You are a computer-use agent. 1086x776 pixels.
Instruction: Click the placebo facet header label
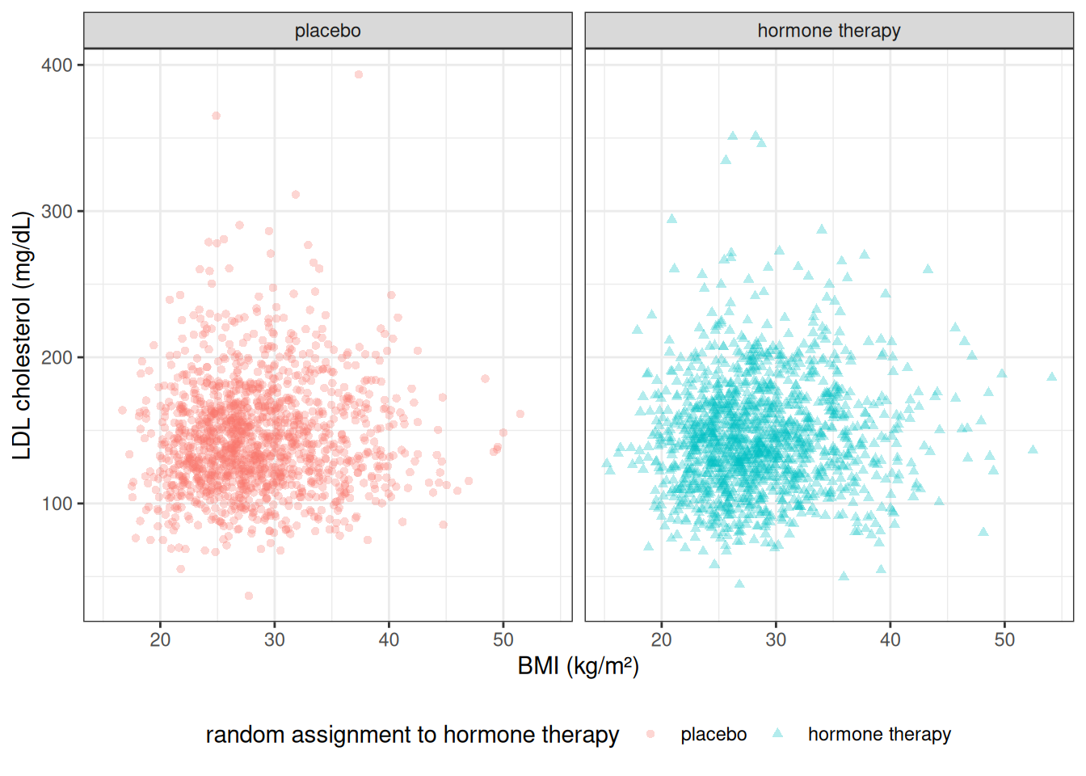(x=327, y=31)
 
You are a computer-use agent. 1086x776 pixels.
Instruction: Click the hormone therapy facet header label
(x=828, y=31)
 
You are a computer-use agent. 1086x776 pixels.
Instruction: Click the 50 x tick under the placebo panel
(x=503, y=639)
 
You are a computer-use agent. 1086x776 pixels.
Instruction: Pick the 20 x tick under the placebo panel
(x=160, y=639)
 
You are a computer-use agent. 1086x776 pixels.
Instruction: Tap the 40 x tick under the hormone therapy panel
(x=890, y=639)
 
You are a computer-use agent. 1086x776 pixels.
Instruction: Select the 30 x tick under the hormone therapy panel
(x=776, y=639)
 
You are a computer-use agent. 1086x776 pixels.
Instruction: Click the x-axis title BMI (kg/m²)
(x=578, y=666)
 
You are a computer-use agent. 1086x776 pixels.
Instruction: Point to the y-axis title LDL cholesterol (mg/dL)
(x=22, y=335)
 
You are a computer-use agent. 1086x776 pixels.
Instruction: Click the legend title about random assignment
(x=412, y=735)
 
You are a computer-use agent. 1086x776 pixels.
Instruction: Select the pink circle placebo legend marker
(x=650, y=734)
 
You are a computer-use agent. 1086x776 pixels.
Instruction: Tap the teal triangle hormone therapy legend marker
(x=777, y=733)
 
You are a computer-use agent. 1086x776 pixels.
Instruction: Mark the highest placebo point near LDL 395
(x=359, y=74)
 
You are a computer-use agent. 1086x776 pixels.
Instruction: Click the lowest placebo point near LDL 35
(x=249, y=596)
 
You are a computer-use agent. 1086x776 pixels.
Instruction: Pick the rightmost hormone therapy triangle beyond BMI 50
(x=1052, y=377)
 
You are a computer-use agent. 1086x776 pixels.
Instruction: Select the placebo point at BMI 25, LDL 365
(x=216, y=116)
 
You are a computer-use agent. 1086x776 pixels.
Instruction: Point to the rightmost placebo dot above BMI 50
(x=520, y=414)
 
